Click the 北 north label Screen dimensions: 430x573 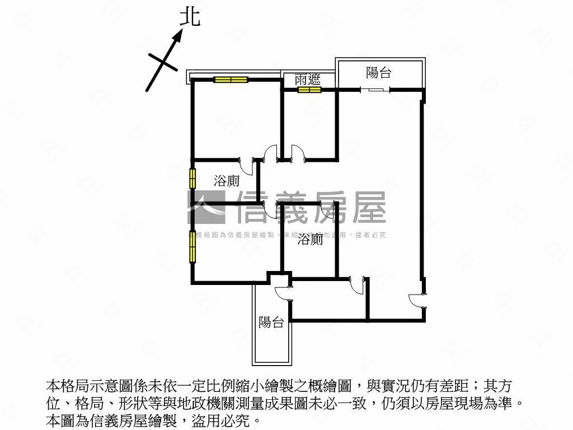pyautogui.click(x=190, y=17)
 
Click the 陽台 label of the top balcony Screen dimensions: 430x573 pyautogui.click(x=379, y=72)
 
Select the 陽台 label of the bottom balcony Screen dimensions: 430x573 pyautogui.click(x=271, y=322)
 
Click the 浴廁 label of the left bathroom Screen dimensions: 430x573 pyautogui.click(x=227, y=180)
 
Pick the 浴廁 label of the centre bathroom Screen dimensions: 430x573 pyautogui.click(x=310, y=240)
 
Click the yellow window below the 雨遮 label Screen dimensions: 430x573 pyautogui.click(x=309, y=90)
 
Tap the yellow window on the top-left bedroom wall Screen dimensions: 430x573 pyautogui.click(x=231, y=80)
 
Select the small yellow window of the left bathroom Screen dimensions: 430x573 pyautogui.click(x=192, y=178)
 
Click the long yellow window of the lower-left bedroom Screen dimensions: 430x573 pyautogui.click(x=192, y=246)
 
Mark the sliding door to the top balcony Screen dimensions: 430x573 pyautogui.click(x=375, y=89)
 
